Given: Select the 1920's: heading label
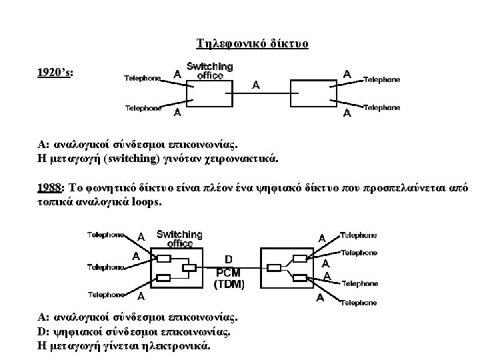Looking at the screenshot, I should click(56, 71).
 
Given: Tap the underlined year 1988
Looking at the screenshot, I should click(51, 185).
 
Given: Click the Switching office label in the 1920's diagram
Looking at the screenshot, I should click(209, 71).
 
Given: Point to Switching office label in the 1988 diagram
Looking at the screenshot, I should click(179, 238).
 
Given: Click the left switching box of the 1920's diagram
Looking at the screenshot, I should click(210, 94).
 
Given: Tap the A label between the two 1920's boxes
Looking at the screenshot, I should click(256, 85).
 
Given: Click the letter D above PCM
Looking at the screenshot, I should click(229, 259).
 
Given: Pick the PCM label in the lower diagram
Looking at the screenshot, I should click(229, 271).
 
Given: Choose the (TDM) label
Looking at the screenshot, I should click(229, 283).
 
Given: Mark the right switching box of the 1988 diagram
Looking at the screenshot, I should click(287, 269).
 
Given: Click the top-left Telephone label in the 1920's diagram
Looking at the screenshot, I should click(143, 78).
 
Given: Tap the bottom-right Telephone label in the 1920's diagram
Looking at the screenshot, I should click(382, 107).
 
